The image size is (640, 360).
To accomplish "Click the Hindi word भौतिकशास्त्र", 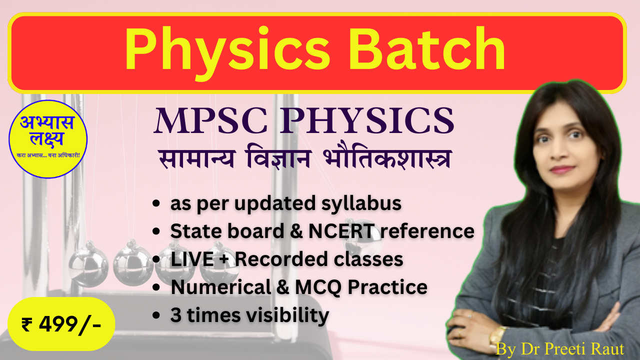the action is (x=387, y=158).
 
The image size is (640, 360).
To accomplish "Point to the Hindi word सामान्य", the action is (x=197, y=158).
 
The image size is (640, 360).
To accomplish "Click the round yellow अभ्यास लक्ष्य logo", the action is (x=48, y=139).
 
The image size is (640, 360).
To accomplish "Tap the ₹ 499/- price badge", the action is (x=61, y=324).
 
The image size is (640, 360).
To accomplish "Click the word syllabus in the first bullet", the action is (x=361, y=204).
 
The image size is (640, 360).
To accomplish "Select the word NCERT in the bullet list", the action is (x=341, y=231).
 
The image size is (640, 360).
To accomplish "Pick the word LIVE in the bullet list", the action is (x=192, y=259).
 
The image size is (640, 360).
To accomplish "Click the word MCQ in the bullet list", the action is (x=318, y=287).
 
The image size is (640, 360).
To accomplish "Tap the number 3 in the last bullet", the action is (x=176, y=315).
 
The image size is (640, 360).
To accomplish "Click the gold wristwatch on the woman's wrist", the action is (x=497, y=337).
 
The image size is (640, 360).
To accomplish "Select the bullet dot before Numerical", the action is (x=156, y=287).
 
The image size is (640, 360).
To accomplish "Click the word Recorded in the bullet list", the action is (x=281, y=259).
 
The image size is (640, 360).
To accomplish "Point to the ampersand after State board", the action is (x=296, y=231).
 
